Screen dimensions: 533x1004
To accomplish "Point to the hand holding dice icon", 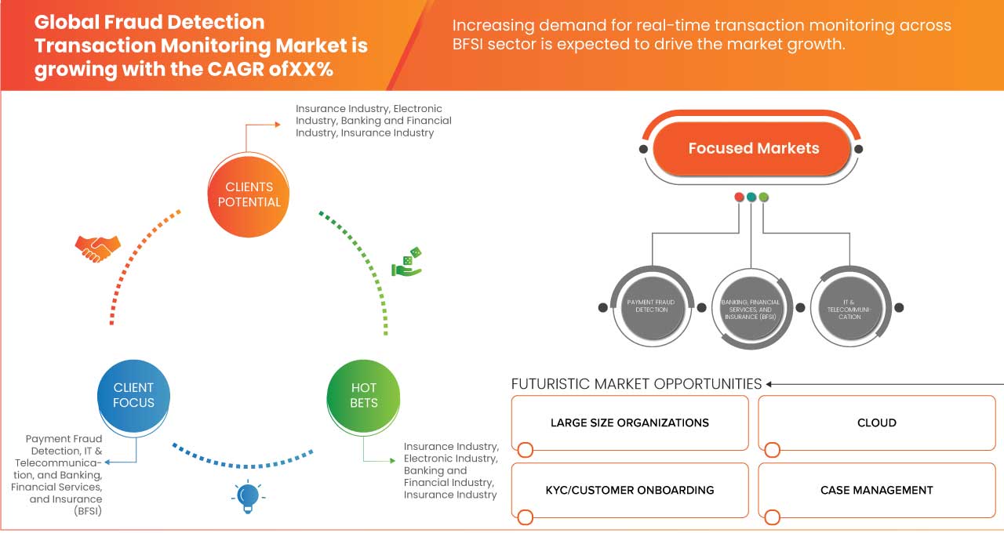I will tap(407, 262).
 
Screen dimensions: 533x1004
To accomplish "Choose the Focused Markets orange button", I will tap(753, 148).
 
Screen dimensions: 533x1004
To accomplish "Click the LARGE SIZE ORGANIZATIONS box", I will tap(629, 423).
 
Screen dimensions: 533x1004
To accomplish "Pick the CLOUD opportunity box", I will tap(876, 423).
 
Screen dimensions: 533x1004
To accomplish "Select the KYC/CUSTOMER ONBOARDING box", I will tap(629, 491).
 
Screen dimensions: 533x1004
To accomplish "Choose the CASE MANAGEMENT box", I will tap(876, 491).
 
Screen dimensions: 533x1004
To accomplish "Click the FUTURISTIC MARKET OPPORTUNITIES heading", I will tap(636, 384).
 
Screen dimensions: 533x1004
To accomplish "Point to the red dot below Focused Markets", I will tap(739, 197).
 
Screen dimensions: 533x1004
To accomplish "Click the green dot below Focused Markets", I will tap(764, 197).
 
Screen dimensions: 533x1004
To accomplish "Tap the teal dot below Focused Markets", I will tap(751, 197).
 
